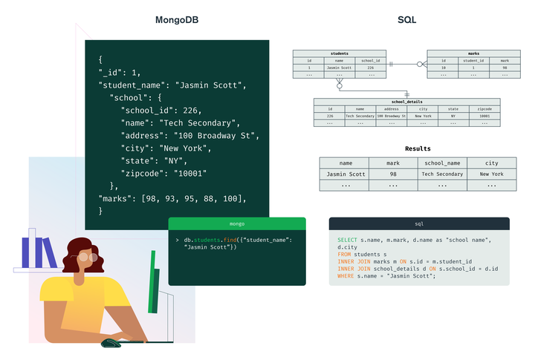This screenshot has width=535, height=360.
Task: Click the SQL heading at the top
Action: (407, 20)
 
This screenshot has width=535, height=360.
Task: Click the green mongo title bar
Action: (237, 223)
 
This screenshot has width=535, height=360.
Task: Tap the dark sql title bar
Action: (419, 223)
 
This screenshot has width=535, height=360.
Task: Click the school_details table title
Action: (406, 102)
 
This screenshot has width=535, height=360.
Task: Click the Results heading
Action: (418, 149)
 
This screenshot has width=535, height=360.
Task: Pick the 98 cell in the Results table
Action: (393, 174)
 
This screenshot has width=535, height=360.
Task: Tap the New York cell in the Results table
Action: (491, 174)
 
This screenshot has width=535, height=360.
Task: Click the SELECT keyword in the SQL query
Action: (347, 240)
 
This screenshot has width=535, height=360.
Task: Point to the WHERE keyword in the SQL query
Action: (346, 275)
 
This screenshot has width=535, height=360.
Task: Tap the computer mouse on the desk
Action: (111, 342)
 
